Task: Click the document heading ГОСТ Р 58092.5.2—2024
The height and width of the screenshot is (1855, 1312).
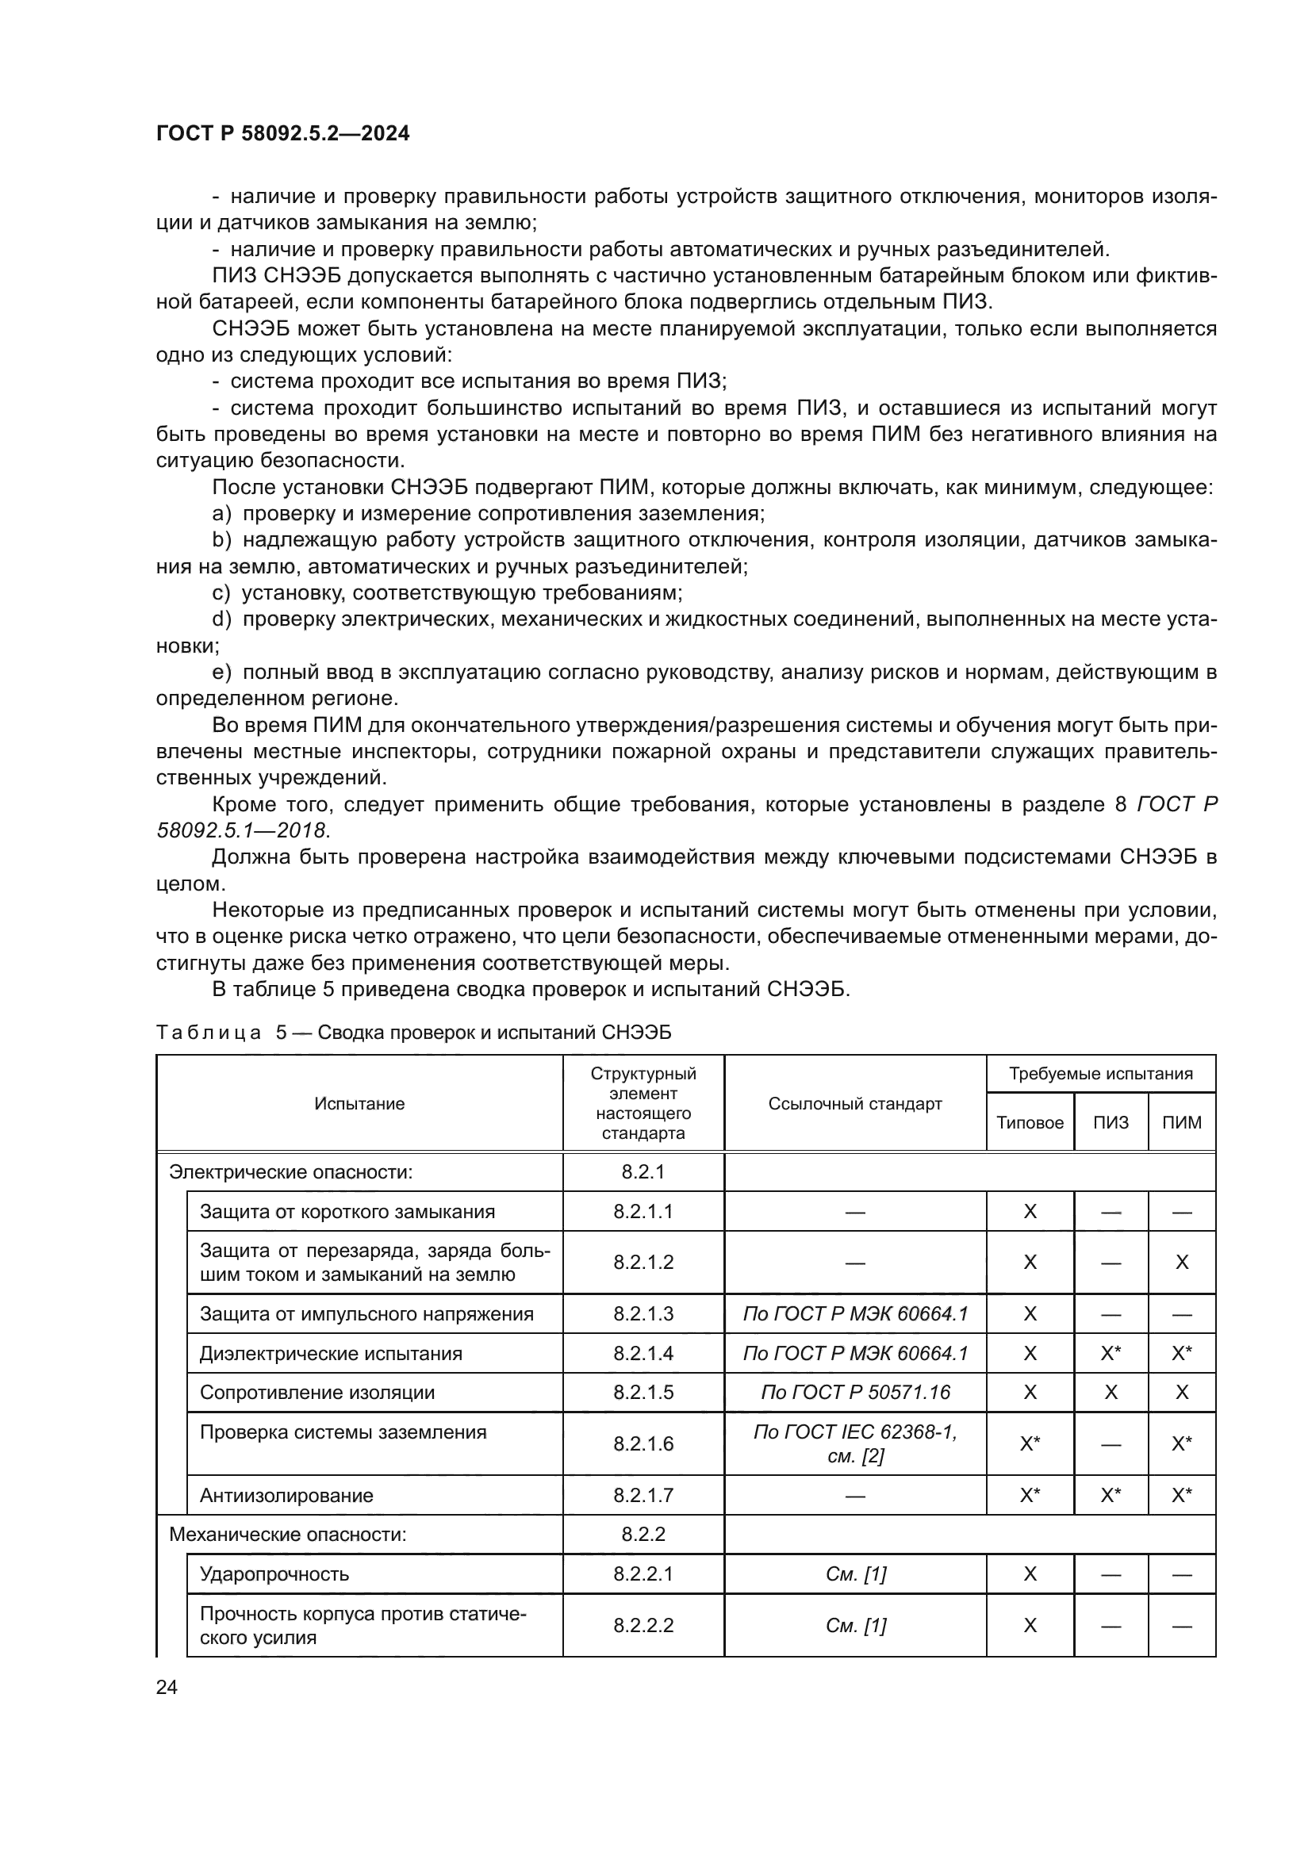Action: click(282, 133)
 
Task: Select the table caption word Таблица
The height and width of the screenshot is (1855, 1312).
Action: click(209, 1033)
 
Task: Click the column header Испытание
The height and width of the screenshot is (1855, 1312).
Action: click(359, 1104)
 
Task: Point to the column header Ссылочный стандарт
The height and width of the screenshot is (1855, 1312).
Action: click(855, 1104)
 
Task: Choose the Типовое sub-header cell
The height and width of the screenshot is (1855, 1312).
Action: click(1030, 1122)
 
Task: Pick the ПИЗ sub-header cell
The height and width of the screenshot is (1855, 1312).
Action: click(1111, 1122)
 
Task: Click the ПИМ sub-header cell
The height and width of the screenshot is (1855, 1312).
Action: click(1181, 1122)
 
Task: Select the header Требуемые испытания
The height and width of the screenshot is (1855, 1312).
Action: click(1100, 1074)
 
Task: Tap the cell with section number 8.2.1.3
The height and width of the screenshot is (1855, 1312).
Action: click(643, 1313)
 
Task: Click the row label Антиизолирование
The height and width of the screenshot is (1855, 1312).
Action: click(287, 1496)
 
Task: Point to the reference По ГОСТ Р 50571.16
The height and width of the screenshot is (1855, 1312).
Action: click(855, 1392)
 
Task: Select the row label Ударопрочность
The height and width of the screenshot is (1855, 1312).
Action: click(274, 1573)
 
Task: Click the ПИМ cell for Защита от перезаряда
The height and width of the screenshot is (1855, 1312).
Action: click(1181, 1263)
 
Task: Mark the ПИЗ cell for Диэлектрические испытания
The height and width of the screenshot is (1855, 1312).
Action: click(1111, 1353)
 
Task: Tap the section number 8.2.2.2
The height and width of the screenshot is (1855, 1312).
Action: click(643, 1625)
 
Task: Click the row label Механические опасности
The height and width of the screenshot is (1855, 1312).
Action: click(288, 1535)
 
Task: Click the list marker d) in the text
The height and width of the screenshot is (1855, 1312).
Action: click(221, 619)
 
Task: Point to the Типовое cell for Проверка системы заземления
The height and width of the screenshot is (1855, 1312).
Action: click(1030, 1443)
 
